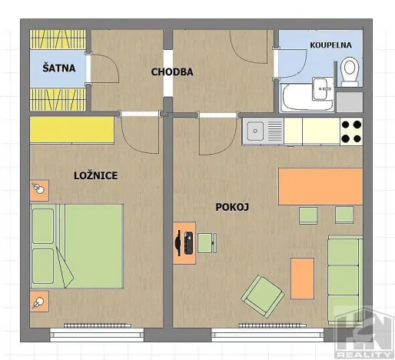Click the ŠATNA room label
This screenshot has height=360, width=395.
[x=59, y=68]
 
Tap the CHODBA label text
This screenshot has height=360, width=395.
[x=172, y=72]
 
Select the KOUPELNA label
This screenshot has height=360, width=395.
[x=330, y=45]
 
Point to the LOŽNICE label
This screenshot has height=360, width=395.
[x=96, y=175]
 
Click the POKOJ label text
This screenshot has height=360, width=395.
[x=232, y=207]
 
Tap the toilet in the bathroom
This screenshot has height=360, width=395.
[x=350, y=72]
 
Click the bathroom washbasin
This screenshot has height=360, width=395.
[x=323, y=88]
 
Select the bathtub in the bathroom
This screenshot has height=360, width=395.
[x=307, y=98]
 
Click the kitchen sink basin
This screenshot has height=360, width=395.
[x=255, y=131]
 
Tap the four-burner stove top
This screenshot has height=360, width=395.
[x=351, y=132]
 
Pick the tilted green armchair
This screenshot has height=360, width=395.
[x=263, y=296]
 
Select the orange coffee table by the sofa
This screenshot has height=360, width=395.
[x=302, y=278]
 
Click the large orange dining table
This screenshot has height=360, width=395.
[x=320, y=186]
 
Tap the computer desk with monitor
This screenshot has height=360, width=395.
[x=184, y=243]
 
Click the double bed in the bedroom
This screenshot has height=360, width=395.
[x=77, y=246]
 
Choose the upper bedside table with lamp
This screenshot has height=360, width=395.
[x=39, y=190]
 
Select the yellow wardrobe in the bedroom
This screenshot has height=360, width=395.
[x=72, y=130]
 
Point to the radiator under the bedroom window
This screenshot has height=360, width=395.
[x=98, y=325]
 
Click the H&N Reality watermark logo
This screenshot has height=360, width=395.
[x=365, y=332]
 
